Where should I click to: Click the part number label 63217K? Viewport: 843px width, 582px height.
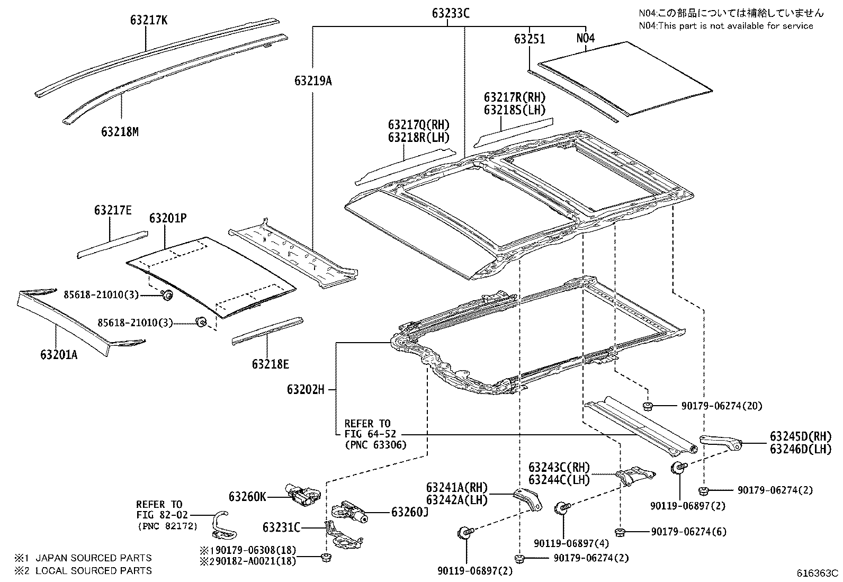149,20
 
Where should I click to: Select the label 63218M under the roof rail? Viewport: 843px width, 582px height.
120,131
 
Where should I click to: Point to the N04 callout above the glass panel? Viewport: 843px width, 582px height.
585,39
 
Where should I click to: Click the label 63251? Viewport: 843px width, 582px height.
529,39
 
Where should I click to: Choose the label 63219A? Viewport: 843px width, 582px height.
313,81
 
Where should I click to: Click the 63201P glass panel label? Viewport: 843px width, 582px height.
168,218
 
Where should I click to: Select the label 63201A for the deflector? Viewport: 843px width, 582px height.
59,354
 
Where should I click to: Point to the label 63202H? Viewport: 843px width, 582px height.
306,389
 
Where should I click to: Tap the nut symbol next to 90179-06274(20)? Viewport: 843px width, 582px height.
647,406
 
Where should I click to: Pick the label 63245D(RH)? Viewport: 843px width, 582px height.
801,436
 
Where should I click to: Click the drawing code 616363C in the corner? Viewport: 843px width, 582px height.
818,573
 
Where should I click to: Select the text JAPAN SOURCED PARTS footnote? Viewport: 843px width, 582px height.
93,558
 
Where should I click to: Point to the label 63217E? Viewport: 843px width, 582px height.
113,210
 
